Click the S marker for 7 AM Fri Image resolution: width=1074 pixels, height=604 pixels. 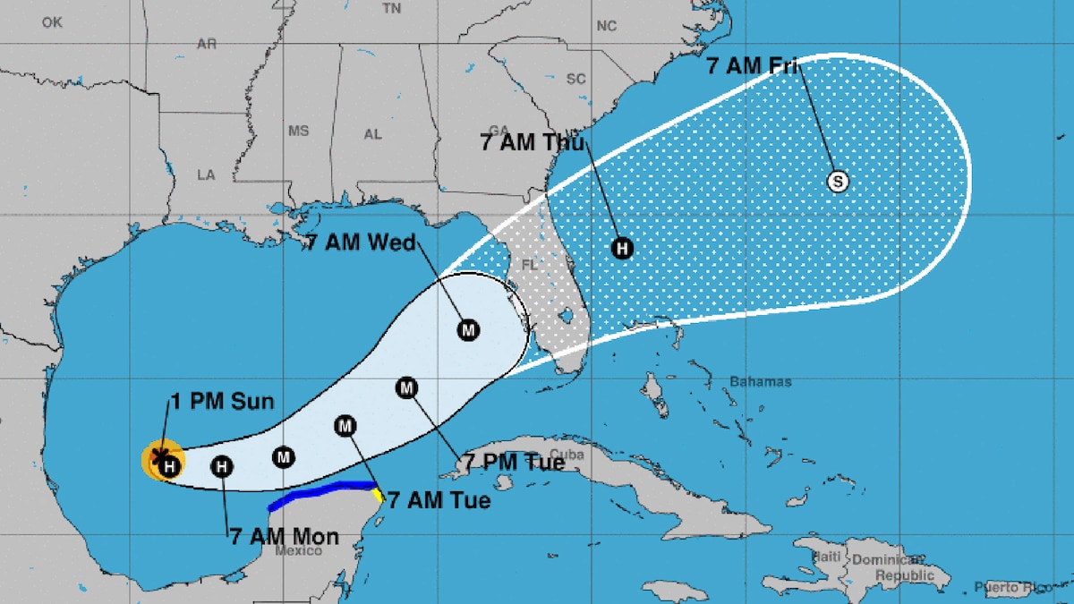[x=838, y=182]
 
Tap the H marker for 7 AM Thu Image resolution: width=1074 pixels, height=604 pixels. [x=622, y=249]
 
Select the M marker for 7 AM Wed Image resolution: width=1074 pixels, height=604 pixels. [x=468, y=330]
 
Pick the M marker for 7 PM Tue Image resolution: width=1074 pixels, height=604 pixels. [x=407, y=387]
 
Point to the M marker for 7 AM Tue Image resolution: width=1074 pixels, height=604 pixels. [x=345, y=427]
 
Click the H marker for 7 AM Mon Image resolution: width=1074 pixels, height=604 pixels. [x=222, y=466]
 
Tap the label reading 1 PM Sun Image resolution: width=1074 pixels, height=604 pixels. [x=222, y=402]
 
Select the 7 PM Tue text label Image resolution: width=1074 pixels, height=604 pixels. [x=514, y=463]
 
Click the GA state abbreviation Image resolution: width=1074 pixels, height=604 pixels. [x=499, y=130]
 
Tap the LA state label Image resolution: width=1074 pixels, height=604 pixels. [x=206, y=174]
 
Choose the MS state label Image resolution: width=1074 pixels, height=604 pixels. [x=298, y=132]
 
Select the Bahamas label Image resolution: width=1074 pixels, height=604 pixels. [x=760, y=382]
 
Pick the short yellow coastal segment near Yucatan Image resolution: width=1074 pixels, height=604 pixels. [x=379, y=494]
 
